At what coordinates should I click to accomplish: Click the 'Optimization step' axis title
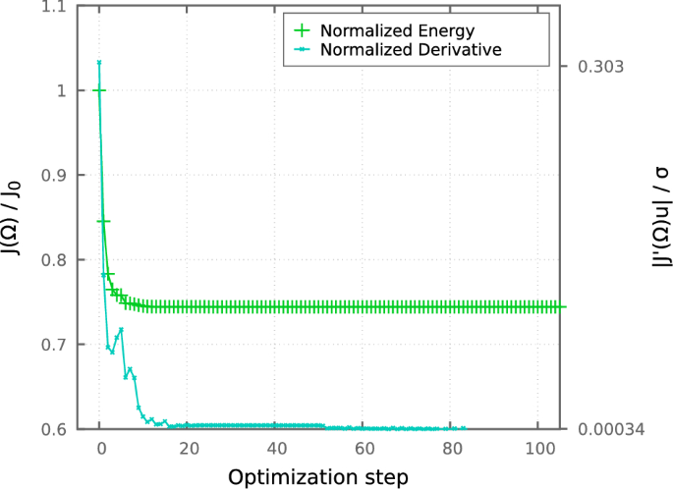(318, 476)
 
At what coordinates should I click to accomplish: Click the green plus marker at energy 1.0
(99, 90)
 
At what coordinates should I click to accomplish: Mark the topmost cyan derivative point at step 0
(99, 63)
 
